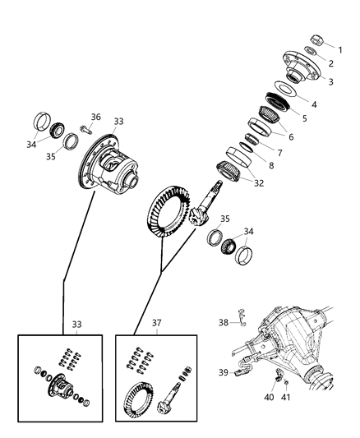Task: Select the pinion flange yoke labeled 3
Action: click(x=302, y=67)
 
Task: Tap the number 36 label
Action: click(x=96, y=117)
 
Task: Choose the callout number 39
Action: click(x=224, y=372)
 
